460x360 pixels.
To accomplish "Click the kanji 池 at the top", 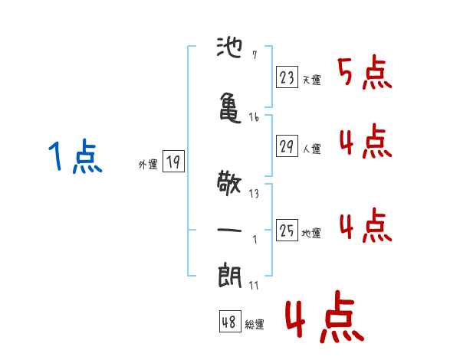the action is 229,47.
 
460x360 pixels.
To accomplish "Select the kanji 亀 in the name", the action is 230,107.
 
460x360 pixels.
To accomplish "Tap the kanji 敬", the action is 229,183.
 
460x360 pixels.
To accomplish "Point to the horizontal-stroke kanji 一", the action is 229,230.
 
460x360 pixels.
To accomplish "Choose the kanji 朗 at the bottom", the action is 230,276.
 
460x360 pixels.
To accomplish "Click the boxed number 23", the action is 287,77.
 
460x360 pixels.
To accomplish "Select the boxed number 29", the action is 287,146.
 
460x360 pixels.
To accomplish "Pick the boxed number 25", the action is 287,230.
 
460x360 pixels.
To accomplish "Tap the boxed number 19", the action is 173,161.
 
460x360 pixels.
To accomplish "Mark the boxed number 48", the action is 230,322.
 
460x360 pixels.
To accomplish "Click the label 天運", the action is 311,80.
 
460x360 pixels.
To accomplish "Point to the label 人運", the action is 311,149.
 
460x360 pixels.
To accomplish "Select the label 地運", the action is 311,233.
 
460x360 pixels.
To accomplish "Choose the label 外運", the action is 148,165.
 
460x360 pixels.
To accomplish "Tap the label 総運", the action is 255,325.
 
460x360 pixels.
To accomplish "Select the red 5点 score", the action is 365,72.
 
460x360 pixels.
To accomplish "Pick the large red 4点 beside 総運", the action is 324,317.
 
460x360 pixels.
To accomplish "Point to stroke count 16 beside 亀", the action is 254,117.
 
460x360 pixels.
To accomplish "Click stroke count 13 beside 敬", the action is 254,194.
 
